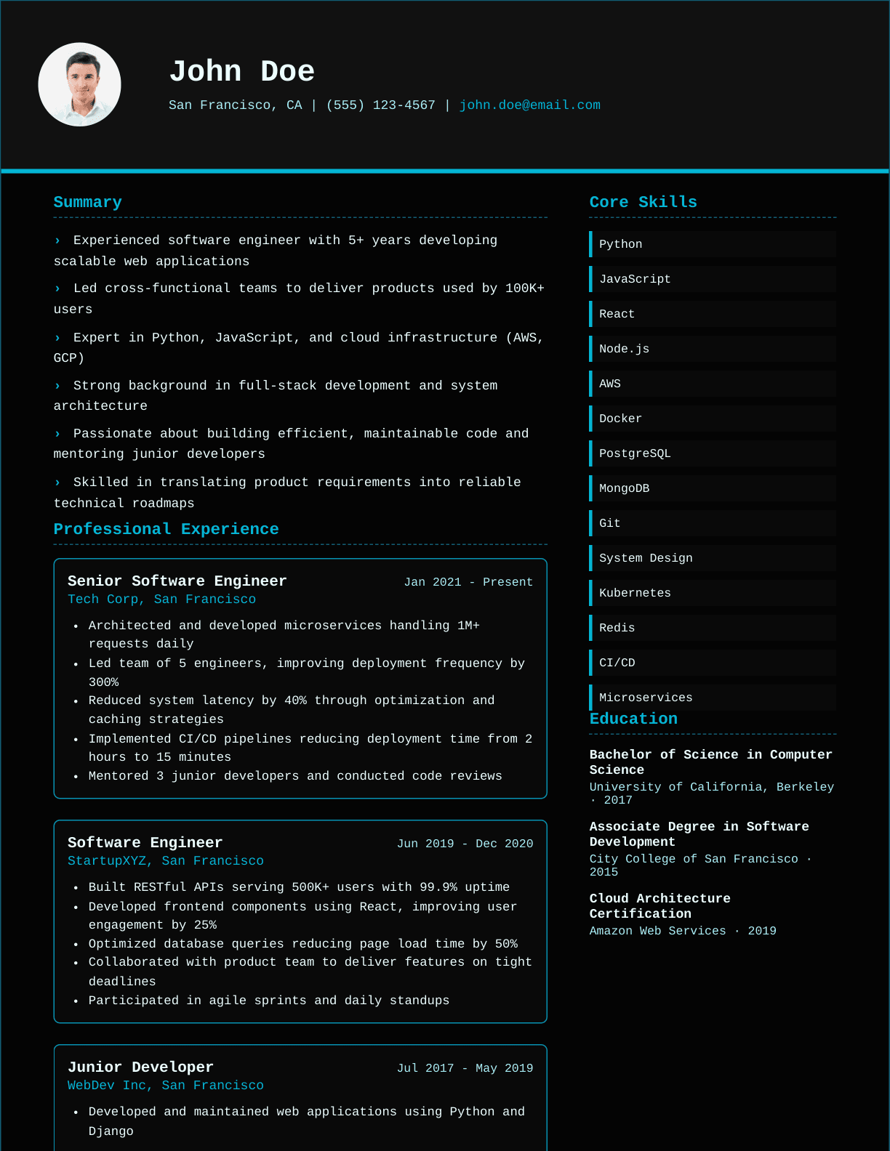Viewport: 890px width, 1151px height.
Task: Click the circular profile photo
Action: point(79,84)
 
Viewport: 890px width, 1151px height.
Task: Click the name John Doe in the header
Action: point(241,71)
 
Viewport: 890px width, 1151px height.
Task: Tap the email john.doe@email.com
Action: point(529,105)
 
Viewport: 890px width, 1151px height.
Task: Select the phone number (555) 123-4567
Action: point(380,105)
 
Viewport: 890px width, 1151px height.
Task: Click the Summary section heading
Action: point(87,202)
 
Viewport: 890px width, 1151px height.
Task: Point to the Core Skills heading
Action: point(643,202)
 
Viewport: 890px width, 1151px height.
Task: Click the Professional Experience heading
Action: point(166,529)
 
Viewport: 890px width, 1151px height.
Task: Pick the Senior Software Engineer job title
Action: point(177,581)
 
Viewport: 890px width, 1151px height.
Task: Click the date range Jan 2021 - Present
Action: point(468,582)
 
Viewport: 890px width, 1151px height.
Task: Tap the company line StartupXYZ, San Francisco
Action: point(165,861)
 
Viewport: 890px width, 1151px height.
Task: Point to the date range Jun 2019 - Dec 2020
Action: point(465,844)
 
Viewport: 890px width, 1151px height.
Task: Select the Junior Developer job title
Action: point(140,1067)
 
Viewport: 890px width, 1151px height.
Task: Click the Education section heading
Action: point(633,719)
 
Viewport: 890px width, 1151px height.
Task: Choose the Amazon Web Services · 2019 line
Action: point(682,931)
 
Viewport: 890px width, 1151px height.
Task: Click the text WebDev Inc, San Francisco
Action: point(165,1086)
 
